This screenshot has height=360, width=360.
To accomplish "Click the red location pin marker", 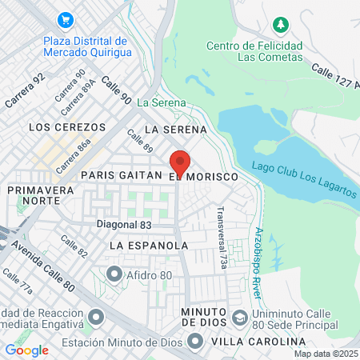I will click(x=180, y=162).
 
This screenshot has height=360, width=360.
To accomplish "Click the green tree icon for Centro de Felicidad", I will click(x=279, y=25).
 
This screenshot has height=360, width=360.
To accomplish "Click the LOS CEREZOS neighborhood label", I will click(x=67, y=127).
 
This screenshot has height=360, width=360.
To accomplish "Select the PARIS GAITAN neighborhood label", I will click(x=120, y=174).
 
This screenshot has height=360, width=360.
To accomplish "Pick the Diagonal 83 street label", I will click(x=124, y=226).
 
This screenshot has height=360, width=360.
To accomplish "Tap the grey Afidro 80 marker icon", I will click(x=115, y=275).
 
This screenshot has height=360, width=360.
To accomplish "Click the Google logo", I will click(x=26, y=350).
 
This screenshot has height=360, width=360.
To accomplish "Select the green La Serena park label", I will click(x=162, y=102).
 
